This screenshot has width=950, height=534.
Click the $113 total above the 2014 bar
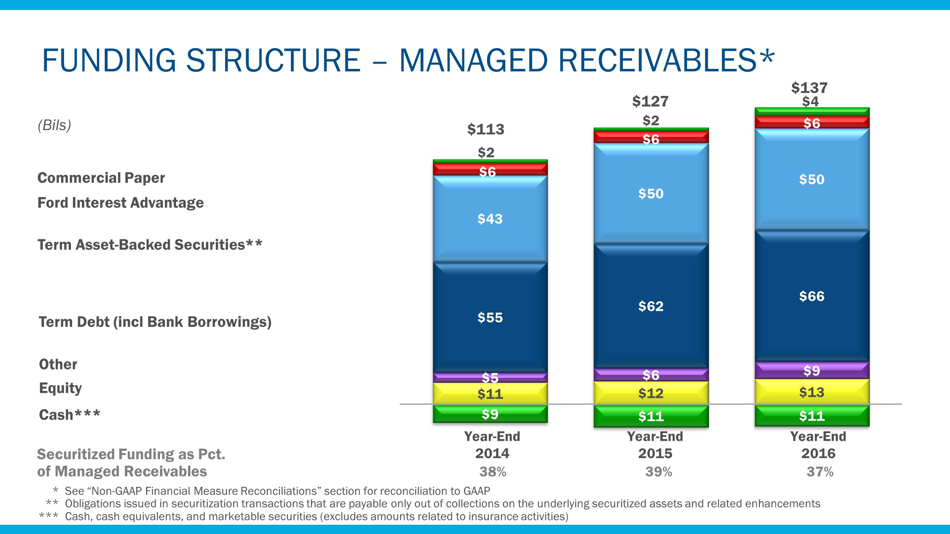tap(485, 129)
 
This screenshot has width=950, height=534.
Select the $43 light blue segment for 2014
tap(490, 219)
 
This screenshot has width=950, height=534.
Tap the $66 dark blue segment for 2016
tap(812, 296)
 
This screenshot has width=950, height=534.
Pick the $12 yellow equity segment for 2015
tap(651, 393)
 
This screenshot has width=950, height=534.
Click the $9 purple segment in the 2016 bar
tap(812, 371)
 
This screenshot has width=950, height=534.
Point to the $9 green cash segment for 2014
tap(490, 414)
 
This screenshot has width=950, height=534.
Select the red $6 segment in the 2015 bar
tap(651, 138)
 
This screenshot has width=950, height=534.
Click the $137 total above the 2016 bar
tap(809, 88)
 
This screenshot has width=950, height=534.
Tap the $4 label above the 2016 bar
tap(810, 101)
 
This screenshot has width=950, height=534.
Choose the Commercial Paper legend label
tap(101, 178)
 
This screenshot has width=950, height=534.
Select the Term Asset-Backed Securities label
tap(149, 245)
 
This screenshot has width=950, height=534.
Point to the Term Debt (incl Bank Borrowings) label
tap(155, 322)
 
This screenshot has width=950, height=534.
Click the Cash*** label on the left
tap(69, 415)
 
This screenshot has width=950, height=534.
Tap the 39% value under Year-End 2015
tap(659, 472)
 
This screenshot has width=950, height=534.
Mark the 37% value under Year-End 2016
tap(820, 472)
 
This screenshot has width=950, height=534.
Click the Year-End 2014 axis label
tap(492, 445)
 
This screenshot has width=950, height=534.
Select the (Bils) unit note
tap(54, 125)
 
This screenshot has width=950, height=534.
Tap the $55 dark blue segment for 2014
tap(490, 318)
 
